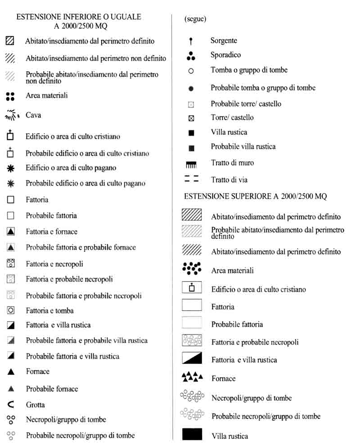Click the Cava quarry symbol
[x=12, y=115]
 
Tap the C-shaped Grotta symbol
[x=11, y=404]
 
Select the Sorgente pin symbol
[x=191, y=41]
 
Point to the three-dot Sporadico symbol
[x=191, y=56]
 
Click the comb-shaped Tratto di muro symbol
[x=191, y=165]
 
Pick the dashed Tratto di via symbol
[x=191, y=179]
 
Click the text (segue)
[x=195, y=19]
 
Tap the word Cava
[x=33, y=115]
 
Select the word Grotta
[x=36, y=404]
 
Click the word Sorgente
[x=224, y=40]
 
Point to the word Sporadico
[x=225, y=55]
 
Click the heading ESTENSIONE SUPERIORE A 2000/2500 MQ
[x=255, y=197]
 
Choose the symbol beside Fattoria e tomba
[x=11, y=310]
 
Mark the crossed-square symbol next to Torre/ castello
[x=191, y=118]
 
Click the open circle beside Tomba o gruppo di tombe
[x=191, y=71]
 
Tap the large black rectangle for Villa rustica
[x=192, y=435]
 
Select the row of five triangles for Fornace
[x=192, y=376]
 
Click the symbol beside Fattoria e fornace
[x=11, y=232]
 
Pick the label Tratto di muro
[x=232, y=163]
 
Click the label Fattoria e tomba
[x=49, y=310]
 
